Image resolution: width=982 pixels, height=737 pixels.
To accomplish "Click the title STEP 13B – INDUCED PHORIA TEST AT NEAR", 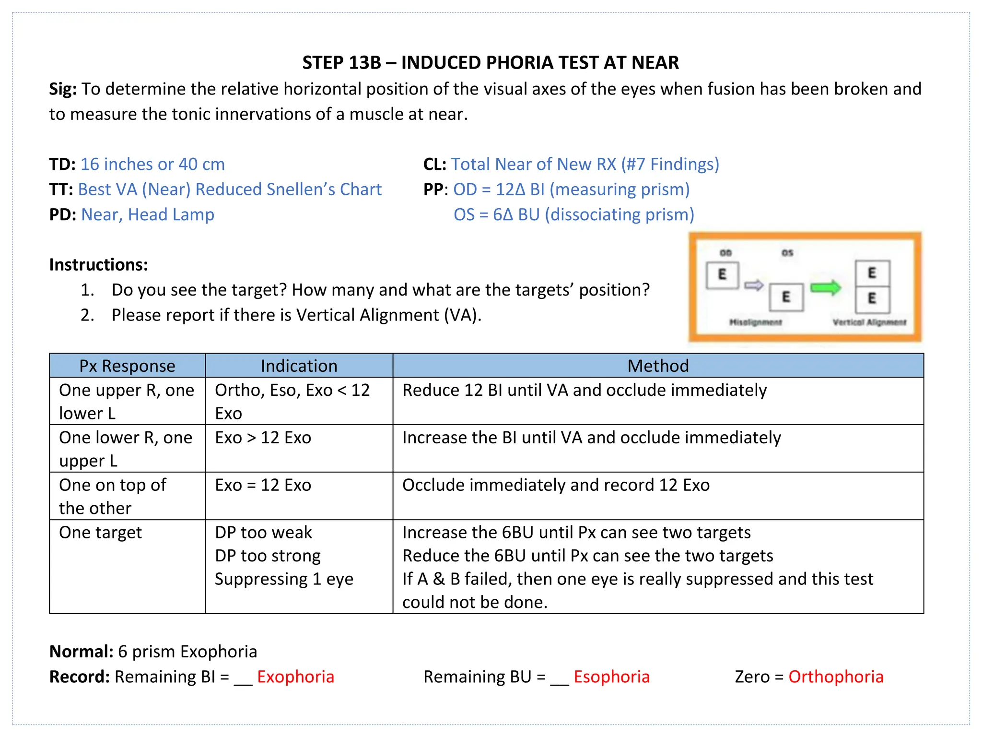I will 491,63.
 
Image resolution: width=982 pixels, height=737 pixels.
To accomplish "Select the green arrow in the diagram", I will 825,288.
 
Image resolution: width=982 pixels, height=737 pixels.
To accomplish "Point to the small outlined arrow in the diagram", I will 754,285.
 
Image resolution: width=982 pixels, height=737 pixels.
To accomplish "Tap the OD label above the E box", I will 725,253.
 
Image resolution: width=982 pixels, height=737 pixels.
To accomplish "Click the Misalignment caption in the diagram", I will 756,322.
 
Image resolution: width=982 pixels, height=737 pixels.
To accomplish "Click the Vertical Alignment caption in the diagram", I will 869,322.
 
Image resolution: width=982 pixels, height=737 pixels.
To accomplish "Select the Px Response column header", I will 127,366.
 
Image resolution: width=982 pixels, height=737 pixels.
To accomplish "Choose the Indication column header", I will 299,366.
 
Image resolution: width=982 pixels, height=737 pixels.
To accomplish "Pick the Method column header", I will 658,366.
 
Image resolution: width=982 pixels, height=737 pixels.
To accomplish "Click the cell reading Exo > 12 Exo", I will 263,438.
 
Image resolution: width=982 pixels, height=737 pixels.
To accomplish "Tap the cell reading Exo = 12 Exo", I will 263,485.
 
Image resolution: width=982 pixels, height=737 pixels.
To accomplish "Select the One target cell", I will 101,533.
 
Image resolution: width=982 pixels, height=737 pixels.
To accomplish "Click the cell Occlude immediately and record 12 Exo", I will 556,485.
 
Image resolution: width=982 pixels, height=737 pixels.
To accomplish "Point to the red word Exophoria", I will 295,677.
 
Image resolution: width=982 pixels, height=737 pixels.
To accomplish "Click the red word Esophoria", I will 611,677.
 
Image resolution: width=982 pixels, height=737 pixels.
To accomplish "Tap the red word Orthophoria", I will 836,677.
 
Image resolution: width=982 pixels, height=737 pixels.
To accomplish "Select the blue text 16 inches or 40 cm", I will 152,164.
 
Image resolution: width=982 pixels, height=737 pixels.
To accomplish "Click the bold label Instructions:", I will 98,265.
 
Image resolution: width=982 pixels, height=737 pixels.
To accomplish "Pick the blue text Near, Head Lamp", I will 148,214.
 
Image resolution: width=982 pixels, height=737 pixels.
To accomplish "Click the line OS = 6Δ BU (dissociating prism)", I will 573,214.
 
